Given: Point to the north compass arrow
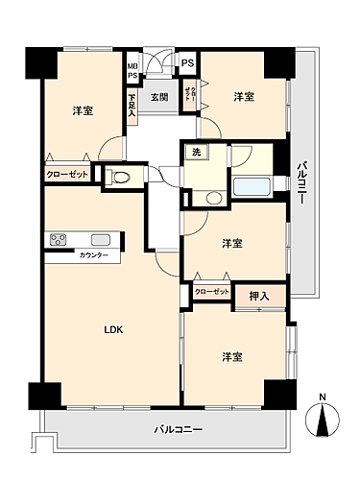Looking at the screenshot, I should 322,420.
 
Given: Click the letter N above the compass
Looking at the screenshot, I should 322,397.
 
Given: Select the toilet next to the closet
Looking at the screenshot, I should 120,177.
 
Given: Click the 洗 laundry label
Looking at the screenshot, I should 195,154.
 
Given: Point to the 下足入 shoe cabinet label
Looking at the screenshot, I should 132,103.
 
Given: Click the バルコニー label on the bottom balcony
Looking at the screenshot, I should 178,428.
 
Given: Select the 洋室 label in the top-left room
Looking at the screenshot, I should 83,110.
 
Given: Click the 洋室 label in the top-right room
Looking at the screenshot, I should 244,96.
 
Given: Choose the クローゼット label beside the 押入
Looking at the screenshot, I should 212,291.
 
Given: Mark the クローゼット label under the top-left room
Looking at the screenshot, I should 65,176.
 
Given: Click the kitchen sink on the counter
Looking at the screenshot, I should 100,240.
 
